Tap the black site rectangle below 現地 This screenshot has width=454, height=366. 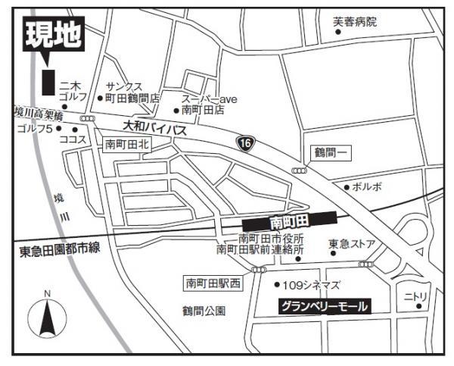tap(48, 82)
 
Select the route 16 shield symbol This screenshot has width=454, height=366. tap(244, 143)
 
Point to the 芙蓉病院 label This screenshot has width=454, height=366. tap(354, 22)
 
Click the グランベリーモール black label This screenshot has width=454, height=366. tap(325, 307)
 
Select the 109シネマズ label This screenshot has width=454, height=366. tap(311, 285)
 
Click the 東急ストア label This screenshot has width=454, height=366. tap(352, 244)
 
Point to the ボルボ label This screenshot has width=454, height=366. tap(367, 186)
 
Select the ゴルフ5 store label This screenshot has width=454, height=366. tap(33, 129)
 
